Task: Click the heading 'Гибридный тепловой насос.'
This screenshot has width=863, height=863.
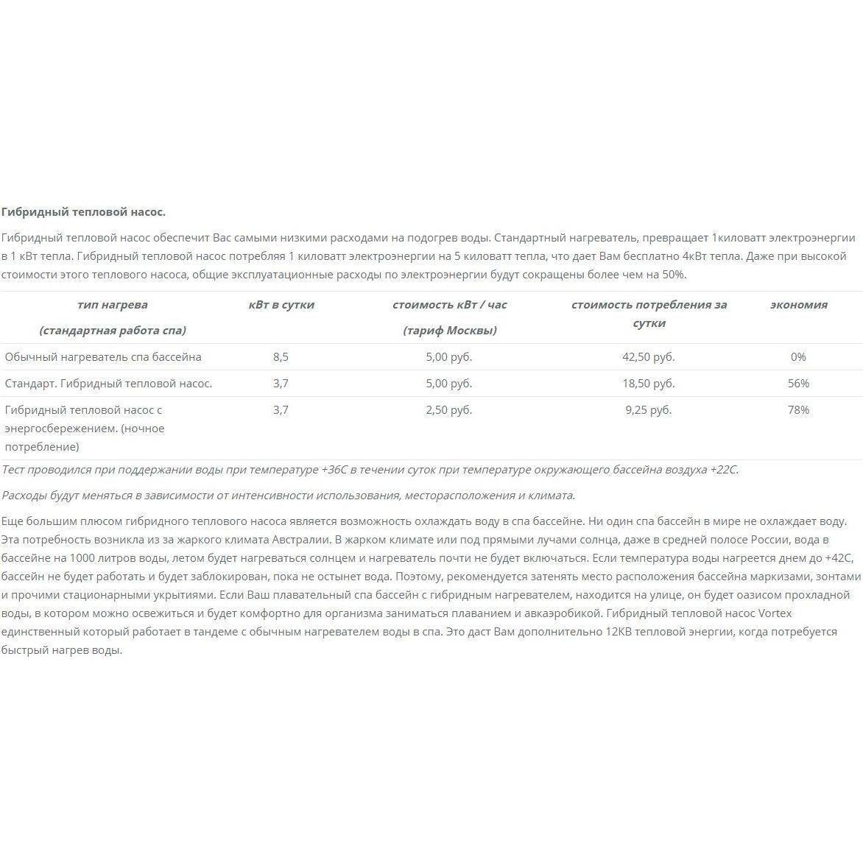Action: (x=83, y=212)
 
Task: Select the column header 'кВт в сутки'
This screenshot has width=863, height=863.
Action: (x=281, y=305)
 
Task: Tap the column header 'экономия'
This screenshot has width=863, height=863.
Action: (x=798, y=305)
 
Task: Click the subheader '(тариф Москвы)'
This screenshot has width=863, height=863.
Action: (x=449, y=331)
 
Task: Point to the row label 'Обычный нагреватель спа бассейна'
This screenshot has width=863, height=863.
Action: (x=103, y=357)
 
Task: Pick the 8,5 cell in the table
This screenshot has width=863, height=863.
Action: (x=281, y=357)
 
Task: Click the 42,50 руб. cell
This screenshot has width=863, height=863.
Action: (x=648, y=357)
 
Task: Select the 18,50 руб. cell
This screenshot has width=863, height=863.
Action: (x=648, y=384)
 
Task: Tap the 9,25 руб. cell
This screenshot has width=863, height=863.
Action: (x=648, y=410)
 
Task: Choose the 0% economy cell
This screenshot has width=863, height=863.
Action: (x=798, y=357)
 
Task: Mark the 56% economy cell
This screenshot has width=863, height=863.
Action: (x=798, y=384)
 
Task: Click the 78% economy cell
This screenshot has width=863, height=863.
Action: (x=798, y=410)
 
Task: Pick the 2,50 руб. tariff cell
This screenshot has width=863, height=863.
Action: (x=449, y=410)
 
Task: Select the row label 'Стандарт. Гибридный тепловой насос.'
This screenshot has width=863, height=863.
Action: (x=108, y=384)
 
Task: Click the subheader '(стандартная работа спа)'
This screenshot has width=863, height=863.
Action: (x=113, y=331)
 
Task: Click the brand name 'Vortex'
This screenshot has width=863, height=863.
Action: (x=774, y=613)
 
